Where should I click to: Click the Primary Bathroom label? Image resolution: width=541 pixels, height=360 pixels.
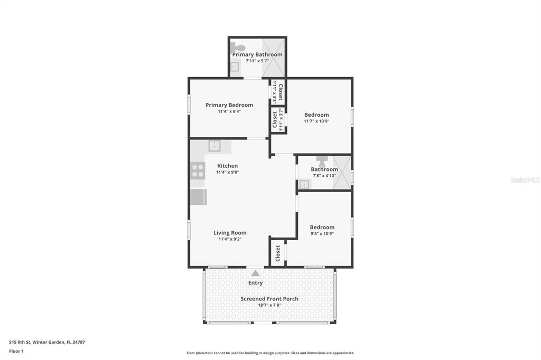257,54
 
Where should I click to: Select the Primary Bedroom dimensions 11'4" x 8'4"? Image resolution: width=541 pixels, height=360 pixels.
229,111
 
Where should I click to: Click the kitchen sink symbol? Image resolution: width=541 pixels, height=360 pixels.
214,146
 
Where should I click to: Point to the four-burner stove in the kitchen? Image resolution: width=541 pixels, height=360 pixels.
198,170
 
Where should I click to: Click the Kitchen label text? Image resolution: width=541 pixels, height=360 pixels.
227,166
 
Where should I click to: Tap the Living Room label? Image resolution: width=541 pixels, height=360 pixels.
230,233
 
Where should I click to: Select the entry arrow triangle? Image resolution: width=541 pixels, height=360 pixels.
255,273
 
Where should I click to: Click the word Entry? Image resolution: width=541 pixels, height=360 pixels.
255,283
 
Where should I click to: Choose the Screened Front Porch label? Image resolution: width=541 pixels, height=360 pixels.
269,299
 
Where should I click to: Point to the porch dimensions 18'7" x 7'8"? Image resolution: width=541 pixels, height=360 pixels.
269,305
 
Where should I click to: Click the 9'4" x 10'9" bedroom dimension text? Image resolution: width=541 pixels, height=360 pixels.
322,233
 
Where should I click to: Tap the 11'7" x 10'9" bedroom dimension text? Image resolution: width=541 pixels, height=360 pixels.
316,121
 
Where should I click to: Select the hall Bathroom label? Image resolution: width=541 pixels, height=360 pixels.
324,169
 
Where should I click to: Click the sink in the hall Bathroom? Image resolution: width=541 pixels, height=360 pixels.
304,184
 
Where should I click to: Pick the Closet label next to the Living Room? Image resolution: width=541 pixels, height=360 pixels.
278,253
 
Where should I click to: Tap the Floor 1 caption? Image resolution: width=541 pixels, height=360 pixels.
16,351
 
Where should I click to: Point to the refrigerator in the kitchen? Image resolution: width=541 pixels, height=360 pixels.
198,197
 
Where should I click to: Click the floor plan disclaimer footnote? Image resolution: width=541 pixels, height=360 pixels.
270,353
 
